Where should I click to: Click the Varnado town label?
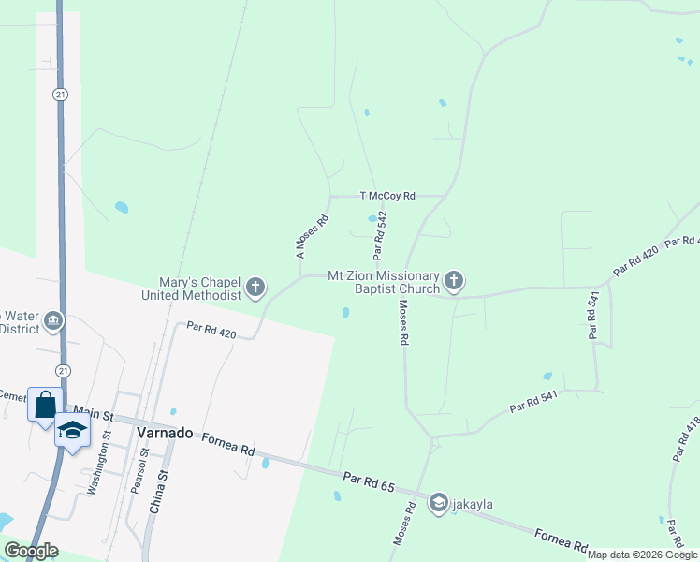[165, 433]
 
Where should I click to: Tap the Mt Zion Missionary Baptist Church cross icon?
[454, 281]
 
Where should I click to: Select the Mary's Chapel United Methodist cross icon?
[255, 288]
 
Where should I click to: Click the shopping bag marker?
[45, 405]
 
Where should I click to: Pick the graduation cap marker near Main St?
[71, 429]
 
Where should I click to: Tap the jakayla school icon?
[438, 504]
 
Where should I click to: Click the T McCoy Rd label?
[387, 196]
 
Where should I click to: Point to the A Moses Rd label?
[313, 237]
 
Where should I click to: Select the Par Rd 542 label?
[379, 235]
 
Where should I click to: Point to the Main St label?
[93, 412]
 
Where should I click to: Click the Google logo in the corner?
[32, 551]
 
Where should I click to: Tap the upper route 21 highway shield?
[59, 95]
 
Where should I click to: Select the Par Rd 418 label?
[684, 439]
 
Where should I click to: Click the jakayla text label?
[473, 505]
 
